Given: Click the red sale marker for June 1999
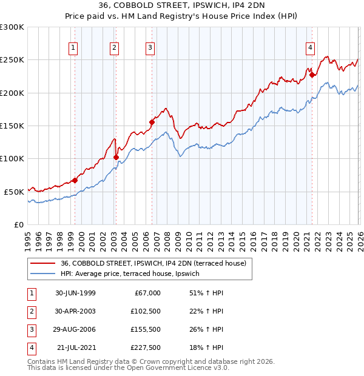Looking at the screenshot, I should click(x=75, y=180).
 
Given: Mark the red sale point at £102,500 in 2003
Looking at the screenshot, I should click(x=116, y=157).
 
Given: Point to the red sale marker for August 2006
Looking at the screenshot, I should click(x=152, y=123).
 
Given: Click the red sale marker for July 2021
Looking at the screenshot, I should click(x=312, y=75).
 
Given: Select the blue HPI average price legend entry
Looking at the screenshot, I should click(x=134, y=274).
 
